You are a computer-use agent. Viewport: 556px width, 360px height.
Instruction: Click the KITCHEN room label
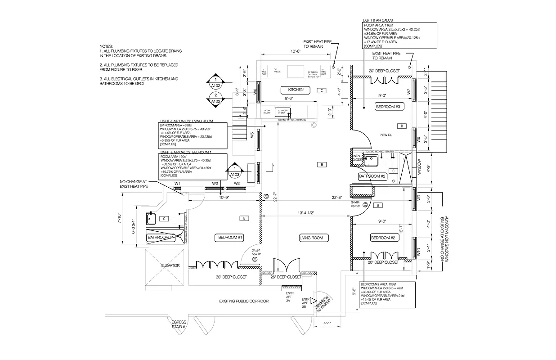point(296,90)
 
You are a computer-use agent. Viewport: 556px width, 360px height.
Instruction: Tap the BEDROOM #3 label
point(387,107)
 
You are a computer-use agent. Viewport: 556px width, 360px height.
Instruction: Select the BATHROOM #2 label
point(372,177)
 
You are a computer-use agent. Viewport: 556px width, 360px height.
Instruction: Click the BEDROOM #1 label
point(230,238)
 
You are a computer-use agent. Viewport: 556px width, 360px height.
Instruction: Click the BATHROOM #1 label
point(161,237)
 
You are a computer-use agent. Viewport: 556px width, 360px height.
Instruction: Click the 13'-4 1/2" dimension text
point(306,213)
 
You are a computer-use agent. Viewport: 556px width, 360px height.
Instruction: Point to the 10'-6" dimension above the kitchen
point(295,51)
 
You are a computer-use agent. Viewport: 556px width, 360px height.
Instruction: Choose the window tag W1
point(178,184)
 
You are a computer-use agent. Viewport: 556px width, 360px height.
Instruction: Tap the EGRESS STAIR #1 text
point(179,324)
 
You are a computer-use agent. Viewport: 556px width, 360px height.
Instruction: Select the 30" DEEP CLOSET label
point(231,277)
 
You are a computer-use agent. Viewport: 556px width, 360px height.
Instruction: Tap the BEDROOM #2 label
point(383,238)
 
